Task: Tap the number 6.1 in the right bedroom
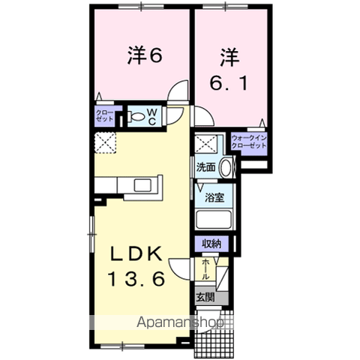tap(229, 82)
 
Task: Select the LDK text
tap(136, 253)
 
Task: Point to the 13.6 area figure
tap(136, 278)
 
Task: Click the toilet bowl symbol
tap(136, 116)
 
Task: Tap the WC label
tap(152, 117)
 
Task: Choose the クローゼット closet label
tap(104, 115)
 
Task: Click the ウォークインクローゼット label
tap(249, 142)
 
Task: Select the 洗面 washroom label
tap(205, 167)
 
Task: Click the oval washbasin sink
tap(226, 167)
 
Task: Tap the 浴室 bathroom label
tap(214, 197)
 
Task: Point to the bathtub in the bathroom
tap(214, 220)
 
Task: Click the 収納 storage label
tap(211, 244)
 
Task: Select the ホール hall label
tap(205, 269)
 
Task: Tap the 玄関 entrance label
tap(205, 297)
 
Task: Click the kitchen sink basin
tap(143, 185)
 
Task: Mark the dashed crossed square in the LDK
tap(105, 142)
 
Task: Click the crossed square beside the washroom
tap(205, 144)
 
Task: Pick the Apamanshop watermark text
tap(179, 322)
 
